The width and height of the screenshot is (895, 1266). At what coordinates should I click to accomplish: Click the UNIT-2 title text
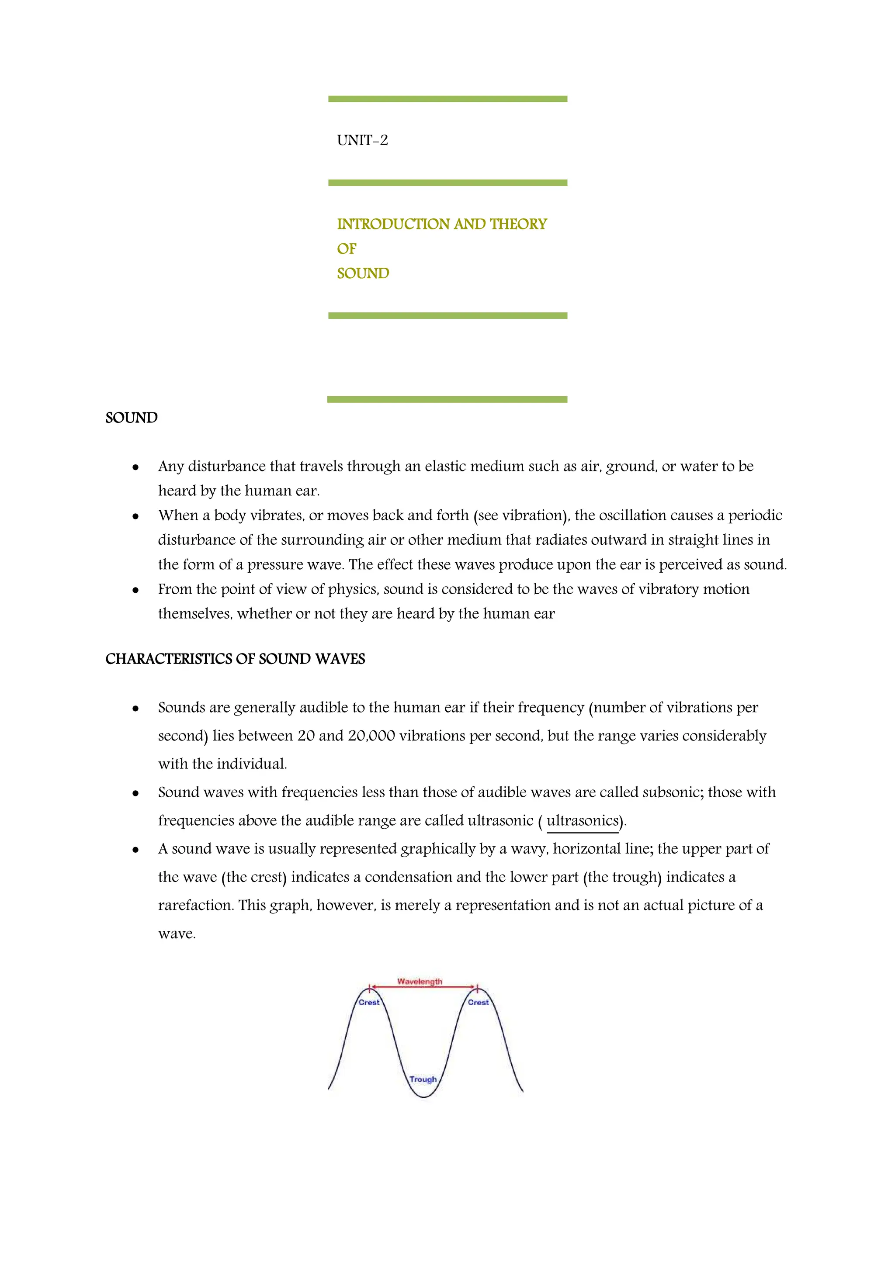click(x=362, y=141)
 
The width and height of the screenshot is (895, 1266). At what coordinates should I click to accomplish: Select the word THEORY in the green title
click(x=518, y=225)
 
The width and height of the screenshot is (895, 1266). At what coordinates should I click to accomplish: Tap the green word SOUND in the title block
click(x=363, y=273)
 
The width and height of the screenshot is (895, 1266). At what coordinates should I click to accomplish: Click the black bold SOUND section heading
click(x=131, y=418)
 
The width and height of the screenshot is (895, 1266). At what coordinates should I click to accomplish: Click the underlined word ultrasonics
click(x=583, y=821)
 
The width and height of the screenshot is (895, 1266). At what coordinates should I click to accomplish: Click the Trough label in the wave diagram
click(x=423, y=1079)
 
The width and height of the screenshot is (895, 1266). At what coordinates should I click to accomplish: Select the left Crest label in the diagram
click(x=369, y=1003)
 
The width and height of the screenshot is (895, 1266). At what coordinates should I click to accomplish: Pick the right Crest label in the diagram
click(x=478, y=1003)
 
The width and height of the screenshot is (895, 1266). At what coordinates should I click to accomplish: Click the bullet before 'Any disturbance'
click(x=135, y=467)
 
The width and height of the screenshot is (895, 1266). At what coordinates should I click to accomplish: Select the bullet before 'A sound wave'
click(x=135, y=850)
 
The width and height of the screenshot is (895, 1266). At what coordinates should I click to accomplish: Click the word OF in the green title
click(x=347, y=249)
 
